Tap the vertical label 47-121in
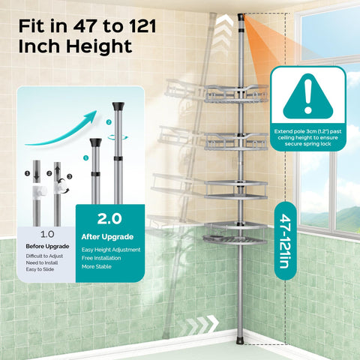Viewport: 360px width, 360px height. tap(286, 241)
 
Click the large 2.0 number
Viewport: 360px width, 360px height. tap(109, 219)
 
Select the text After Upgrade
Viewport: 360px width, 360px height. tap(107, 237)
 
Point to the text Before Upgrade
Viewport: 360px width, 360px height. tap(47, 247)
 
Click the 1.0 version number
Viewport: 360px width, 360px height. tap(47, 234)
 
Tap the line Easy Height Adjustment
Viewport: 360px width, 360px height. tap(111, 250)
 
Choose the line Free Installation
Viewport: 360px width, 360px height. tap(101, 258)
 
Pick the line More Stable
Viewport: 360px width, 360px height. tap(97, 266)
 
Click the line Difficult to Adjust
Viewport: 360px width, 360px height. tap(44, 256)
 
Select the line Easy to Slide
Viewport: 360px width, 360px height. tap(40, 269)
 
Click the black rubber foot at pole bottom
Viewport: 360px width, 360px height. tap(240, 340)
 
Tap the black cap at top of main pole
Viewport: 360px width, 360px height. tap(241, 17)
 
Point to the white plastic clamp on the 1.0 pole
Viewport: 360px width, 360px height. tap(39, 191)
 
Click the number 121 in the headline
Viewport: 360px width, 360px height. tap(142, 26)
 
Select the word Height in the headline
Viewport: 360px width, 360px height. tap(99, 46)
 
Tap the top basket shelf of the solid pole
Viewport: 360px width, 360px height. tap(235, 94)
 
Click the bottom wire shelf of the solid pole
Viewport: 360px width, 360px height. tap(235, 239)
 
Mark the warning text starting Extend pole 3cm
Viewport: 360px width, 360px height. tap(307, 137)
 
